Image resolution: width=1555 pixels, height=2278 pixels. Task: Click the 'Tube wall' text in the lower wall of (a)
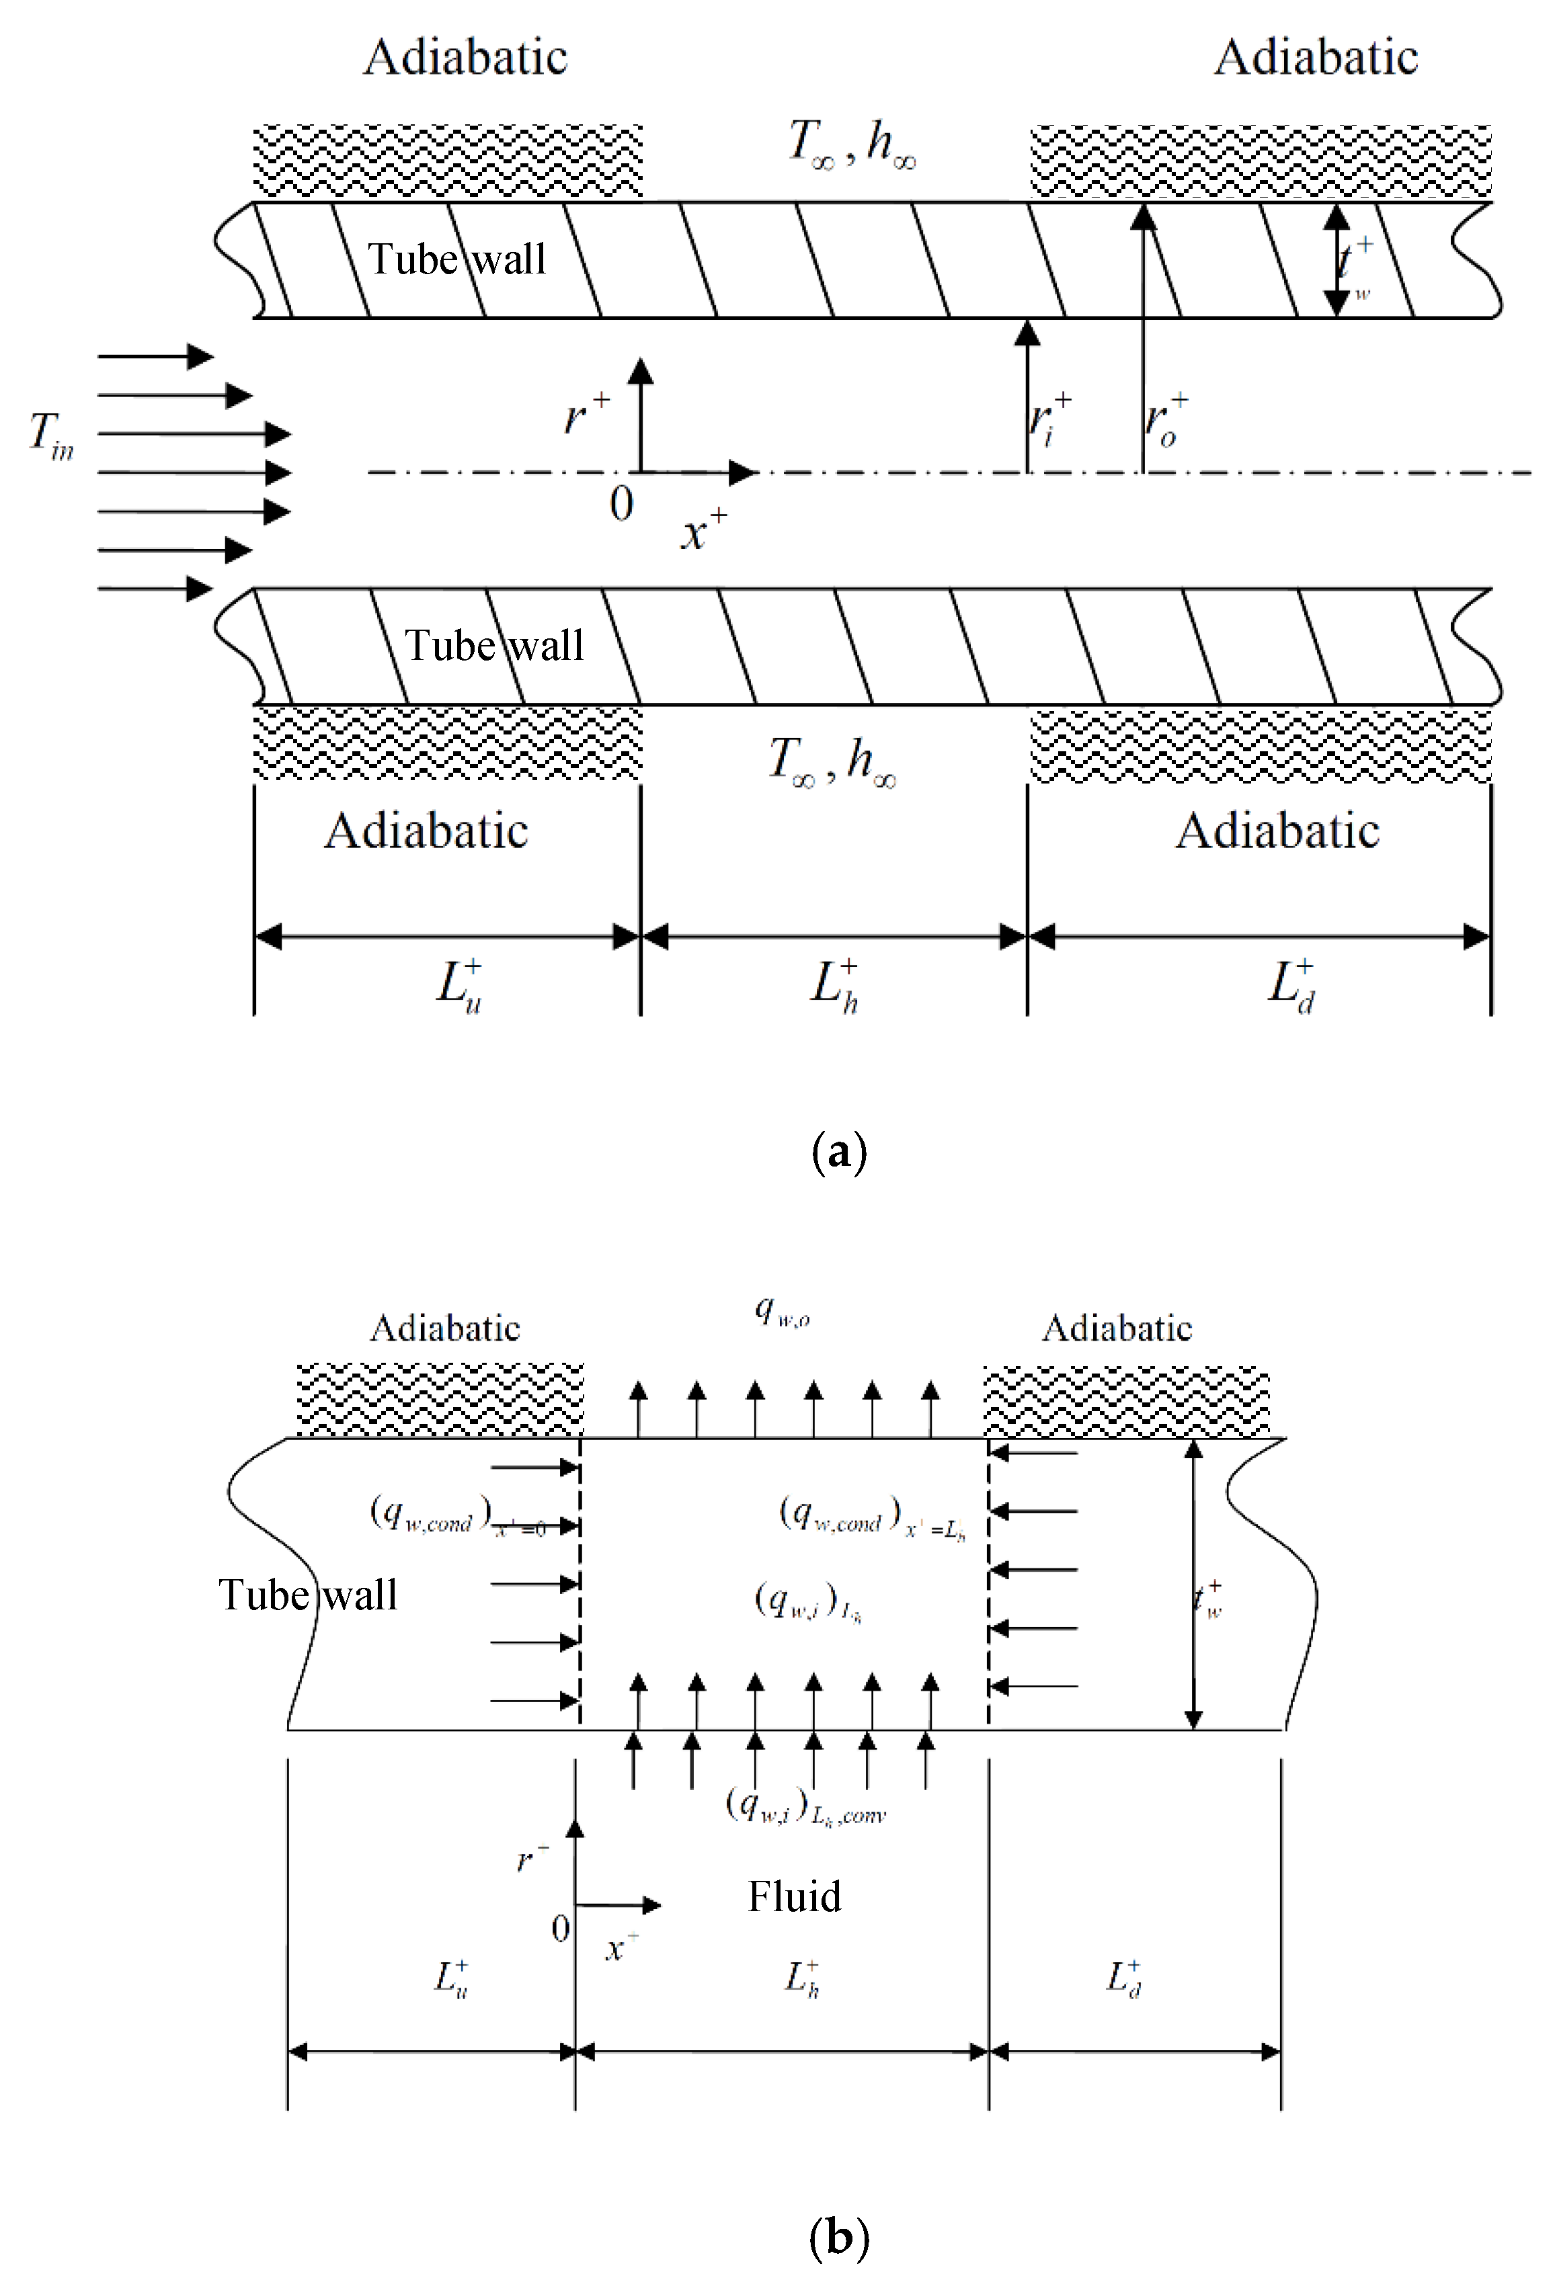[x=494, y=646]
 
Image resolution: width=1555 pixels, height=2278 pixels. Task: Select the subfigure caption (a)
[x=839, y=1152]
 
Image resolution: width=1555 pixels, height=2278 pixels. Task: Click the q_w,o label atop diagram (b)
[x=781, y=1310]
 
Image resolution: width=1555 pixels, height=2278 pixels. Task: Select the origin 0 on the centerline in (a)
[x=621, y=505]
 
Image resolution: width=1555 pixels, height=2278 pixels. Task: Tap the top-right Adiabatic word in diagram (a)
[x=1316, y=57]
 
